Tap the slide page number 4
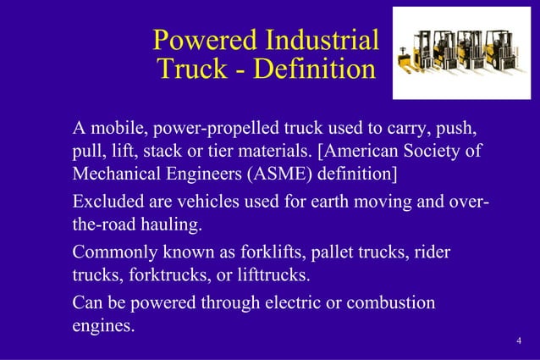click(517, 341)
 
